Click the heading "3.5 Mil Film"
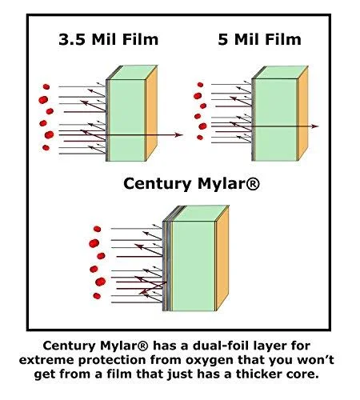(x=109, y=39)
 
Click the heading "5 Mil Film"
(x=260, y=39)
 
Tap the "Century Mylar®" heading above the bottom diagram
(x=191, y=184)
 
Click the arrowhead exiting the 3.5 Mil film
(x=178, y=135)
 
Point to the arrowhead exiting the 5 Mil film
(x=314, y=126)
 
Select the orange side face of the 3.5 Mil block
(x=151, y=114)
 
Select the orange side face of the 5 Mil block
(x=302, y=114)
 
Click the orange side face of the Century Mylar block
(x=222, y=258)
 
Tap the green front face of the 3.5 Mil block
(x=127, y=120)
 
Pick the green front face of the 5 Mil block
(x=276, y=120)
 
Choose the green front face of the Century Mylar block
(x=194, y=266)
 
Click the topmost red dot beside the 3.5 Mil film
(x=46, y=86)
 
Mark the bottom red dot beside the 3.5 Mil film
(x=46, y=147)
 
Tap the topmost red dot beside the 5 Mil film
(x=200, y=85)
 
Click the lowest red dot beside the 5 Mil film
(x=200, y=138)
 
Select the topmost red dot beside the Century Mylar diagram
(x=97, y=229)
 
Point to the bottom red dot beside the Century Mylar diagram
(x=97, y=296)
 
